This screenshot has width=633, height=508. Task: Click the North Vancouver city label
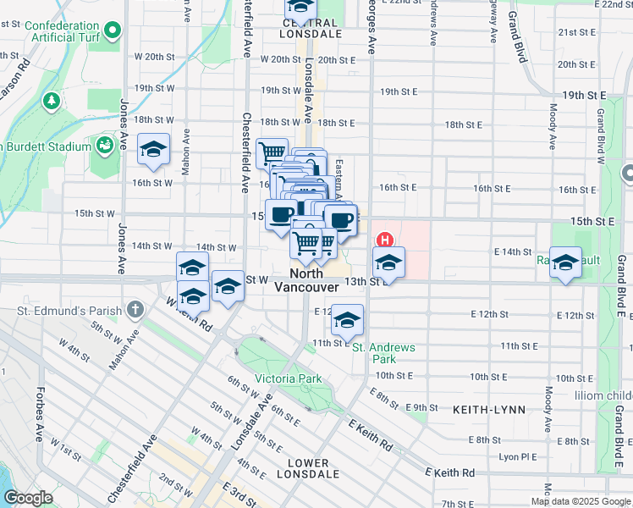point(306,280)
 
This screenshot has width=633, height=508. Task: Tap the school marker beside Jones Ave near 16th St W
point(153,150)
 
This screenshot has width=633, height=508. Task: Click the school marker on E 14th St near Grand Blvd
point(564,263)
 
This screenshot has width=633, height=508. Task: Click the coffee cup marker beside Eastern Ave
point(341,221)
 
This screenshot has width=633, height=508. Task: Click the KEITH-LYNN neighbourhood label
point(489,409)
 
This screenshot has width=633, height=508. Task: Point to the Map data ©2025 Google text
point(580,501)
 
